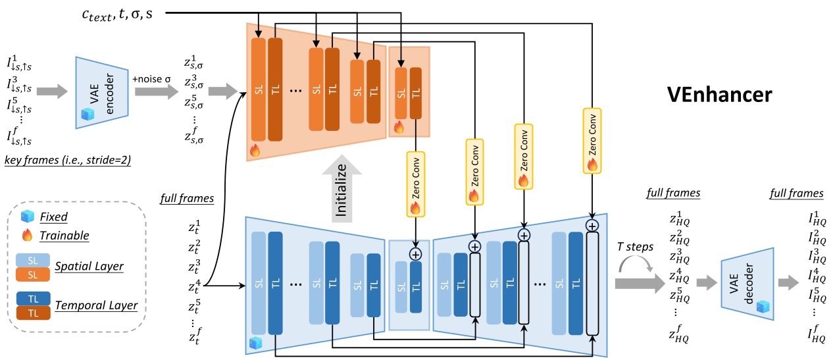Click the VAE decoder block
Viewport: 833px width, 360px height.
744,284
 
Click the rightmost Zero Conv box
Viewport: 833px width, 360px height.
592,141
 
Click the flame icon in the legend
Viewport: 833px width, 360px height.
27,235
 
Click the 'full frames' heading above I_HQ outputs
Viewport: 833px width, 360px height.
796,193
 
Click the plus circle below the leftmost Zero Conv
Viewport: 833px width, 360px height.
415,253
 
